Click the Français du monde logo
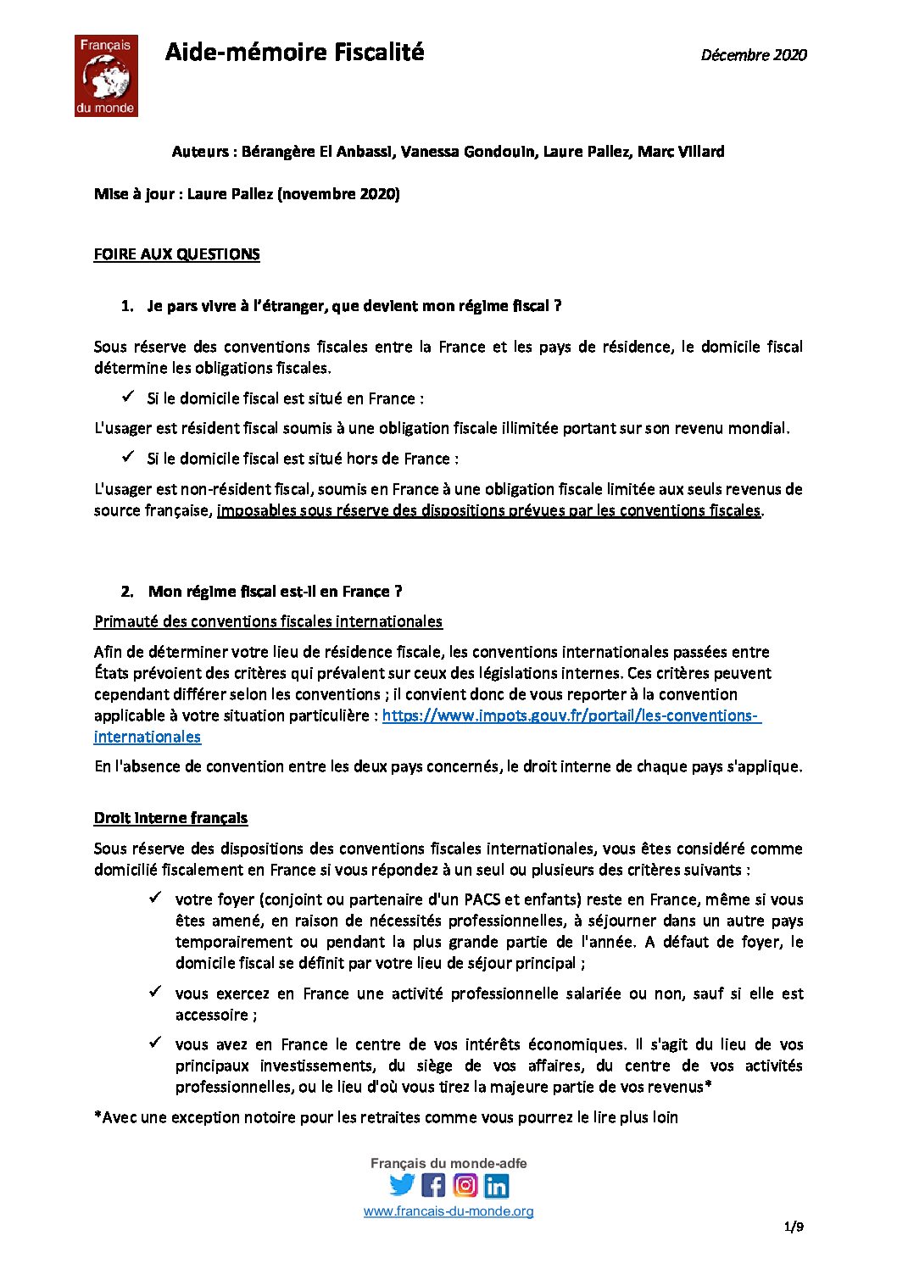[106, 75]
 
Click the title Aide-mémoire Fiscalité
[294, 53]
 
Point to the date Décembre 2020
[753, 55]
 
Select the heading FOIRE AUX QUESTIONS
[176, 254]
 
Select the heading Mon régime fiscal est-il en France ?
[275, 592]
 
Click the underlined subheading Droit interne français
[170, 818]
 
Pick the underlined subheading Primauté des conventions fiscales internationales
[268, 621]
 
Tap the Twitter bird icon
[402, 1185]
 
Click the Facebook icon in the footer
[433, 1185]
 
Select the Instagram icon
[465, 1185]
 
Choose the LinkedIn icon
[497, 1185]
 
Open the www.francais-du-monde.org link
[448, 1211]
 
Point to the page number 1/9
[794, 1227]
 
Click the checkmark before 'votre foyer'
[155, 898]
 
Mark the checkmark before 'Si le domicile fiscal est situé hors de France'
[128, 457]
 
